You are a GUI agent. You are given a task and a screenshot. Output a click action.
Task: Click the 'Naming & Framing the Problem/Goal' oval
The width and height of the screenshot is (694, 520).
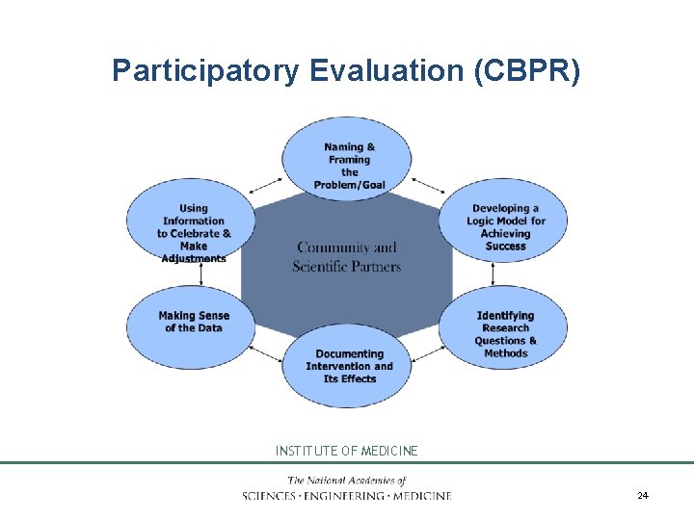[x=348, y=160]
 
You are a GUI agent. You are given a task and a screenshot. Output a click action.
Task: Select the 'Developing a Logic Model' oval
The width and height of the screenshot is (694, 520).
[x=505, y=227]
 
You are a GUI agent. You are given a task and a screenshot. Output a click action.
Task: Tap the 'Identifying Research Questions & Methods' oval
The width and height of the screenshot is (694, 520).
[x=505, y=333]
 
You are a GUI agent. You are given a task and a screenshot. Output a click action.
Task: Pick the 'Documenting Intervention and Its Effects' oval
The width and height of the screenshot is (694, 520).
[x=348, y=366]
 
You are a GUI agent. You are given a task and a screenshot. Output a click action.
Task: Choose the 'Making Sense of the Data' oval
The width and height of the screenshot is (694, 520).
[x=193, y=323]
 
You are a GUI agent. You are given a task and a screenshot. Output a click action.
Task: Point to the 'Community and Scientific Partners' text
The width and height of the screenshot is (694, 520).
[x=347, y=256]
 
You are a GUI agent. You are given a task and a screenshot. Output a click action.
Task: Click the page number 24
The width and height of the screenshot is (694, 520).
[x=643, y=495]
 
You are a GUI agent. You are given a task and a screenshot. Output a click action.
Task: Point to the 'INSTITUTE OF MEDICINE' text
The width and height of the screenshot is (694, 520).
[x=347, y=451]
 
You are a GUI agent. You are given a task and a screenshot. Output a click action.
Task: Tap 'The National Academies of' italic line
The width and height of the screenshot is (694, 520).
[x=347, y=481]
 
